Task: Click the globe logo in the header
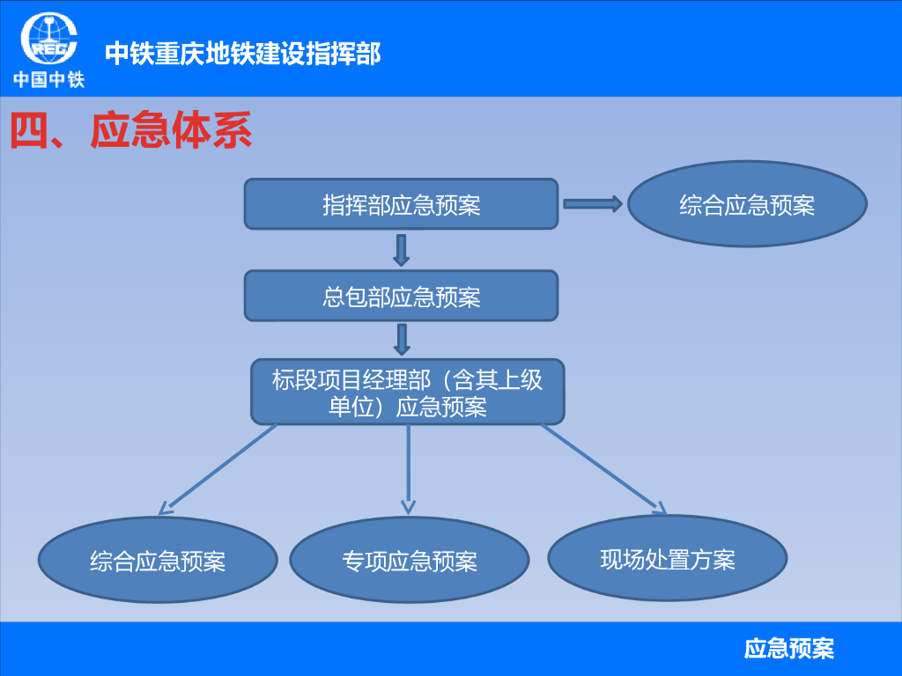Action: pyautogui.click(x=49, y=40)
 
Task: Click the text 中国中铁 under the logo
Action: pyautogui.click(x=48, y=80)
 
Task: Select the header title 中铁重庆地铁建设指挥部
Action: pyautogui.click(x=242, y=54)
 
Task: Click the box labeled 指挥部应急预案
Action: pyautogui.click(x=401, y=204)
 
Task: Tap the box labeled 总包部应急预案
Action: pyautogui.click(x=401, y=296)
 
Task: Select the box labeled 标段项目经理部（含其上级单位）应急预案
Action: pyautogui.click(x=407, y=392)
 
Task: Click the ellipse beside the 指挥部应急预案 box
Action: pyautogui.click(x=747, y=204)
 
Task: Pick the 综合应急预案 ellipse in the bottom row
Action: pyautogui.click(x=158, y=561)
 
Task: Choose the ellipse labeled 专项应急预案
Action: pyautogui.click(x=410, y=561)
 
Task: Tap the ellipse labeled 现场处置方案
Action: pyautogui.click(x=668, y=559)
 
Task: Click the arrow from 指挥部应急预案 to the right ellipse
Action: pyautogui.click(x=592, y=204)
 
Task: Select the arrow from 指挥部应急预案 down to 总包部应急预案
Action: pyautogui.click(x=402, y=250)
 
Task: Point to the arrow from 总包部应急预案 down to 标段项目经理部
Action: pyautogui.click(x=403, y=340)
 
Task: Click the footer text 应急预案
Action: pyautogui.click(x=788, y=650)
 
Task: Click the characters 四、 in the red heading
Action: pyautogui.click(x=44, y=131)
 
